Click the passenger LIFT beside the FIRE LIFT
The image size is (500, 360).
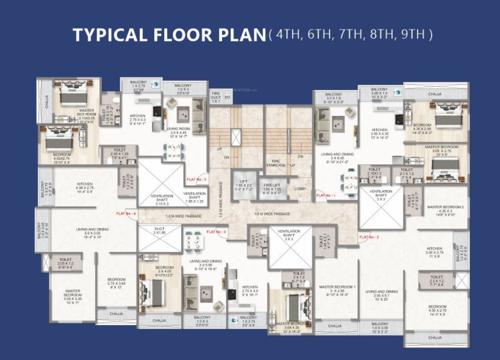pyautogui.click(x=243, y=185)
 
